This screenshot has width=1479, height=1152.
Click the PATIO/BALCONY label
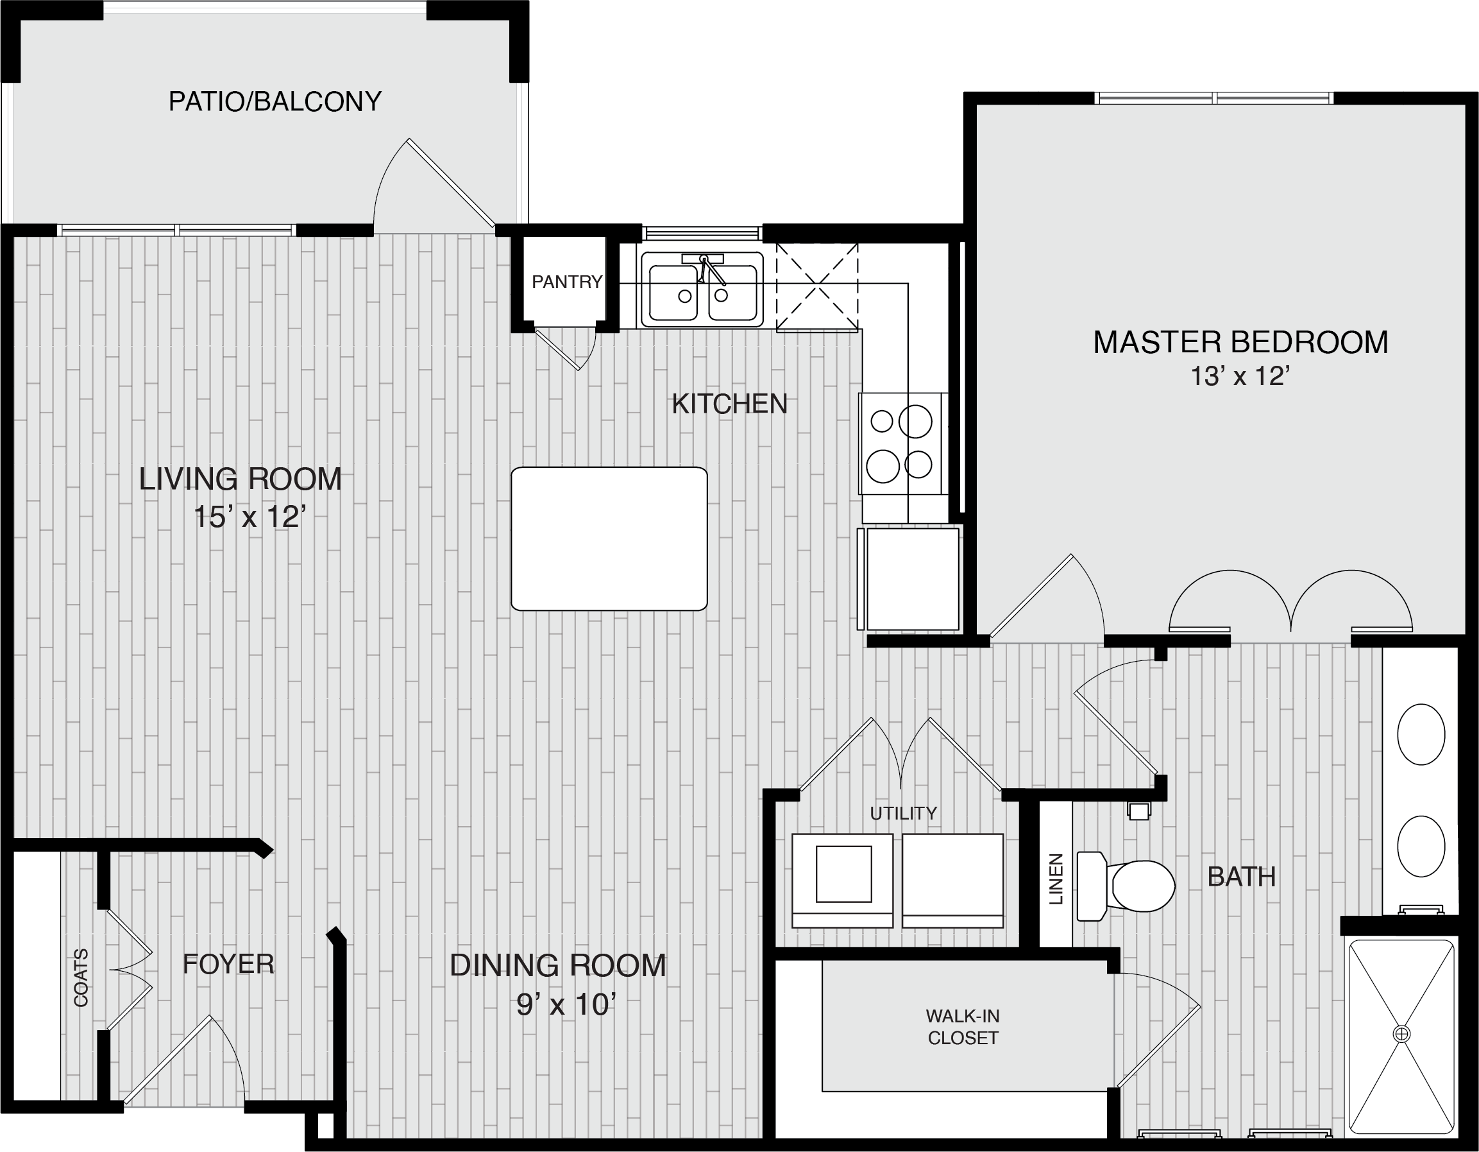click(x=275, y=101)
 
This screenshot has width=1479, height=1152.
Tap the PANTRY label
click(x=567, y=282)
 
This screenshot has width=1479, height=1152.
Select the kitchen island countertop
click(x=609, y=538)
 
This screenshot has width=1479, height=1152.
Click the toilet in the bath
click(x=1125, y=886)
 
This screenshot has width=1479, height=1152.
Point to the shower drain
click(x=1401, y=1034)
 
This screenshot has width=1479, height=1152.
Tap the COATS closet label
click(x=81, y=978)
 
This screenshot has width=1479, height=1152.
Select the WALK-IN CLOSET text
click(x=962, y=1027)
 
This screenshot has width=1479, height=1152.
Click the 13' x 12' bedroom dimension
click(x=1239, y=376)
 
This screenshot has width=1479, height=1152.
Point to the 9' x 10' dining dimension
click(x=566, y=1005)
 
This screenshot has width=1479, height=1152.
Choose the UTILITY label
click(x=904, y=813)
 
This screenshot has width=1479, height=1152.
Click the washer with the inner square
click(x=843, y=881)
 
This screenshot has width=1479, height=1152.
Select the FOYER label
click(x=228, y=963)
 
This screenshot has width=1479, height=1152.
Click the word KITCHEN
click(x=729, y=404)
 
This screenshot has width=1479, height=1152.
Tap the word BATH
click(x=1241, y=877)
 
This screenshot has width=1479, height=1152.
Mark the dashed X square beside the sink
click(x=817, y=287)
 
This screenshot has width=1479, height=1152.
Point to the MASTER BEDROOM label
click(x=1240, y=342)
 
